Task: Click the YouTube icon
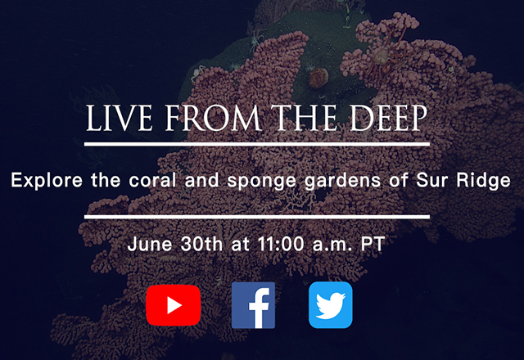(x=173, y=305)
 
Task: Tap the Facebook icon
(x=253, y=305)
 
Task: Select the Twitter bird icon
(x=331, y=305)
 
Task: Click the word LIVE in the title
(x=120, y=118)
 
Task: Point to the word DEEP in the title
(x=388, y=118)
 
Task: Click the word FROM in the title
(x=213, y=118)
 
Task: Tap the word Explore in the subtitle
(x=47, y=181)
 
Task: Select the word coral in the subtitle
(x=153, y=180)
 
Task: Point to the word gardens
(x=342, y=181)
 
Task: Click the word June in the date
(x=150, y=244)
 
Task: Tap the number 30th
(x=201, y=244)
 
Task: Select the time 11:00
(x=281, y=244)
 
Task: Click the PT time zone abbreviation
(x=373, y=244)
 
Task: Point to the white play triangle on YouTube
(x=174, y=305)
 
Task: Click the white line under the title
(x=257, y=144)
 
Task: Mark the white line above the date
(x=257, y=217)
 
